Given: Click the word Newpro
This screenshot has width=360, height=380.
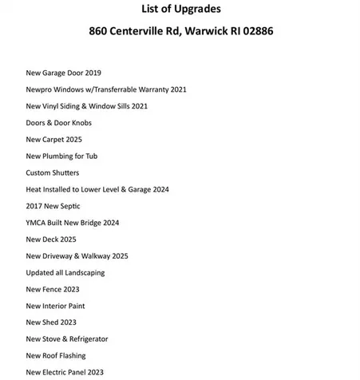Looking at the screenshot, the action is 40,89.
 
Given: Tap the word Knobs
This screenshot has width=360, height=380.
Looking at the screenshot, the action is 81,123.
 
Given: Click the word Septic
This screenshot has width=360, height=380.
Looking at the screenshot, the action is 69,206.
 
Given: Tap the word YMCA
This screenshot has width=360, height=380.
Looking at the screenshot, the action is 36,223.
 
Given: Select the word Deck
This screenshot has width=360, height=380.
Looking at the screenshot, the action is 52,239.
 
